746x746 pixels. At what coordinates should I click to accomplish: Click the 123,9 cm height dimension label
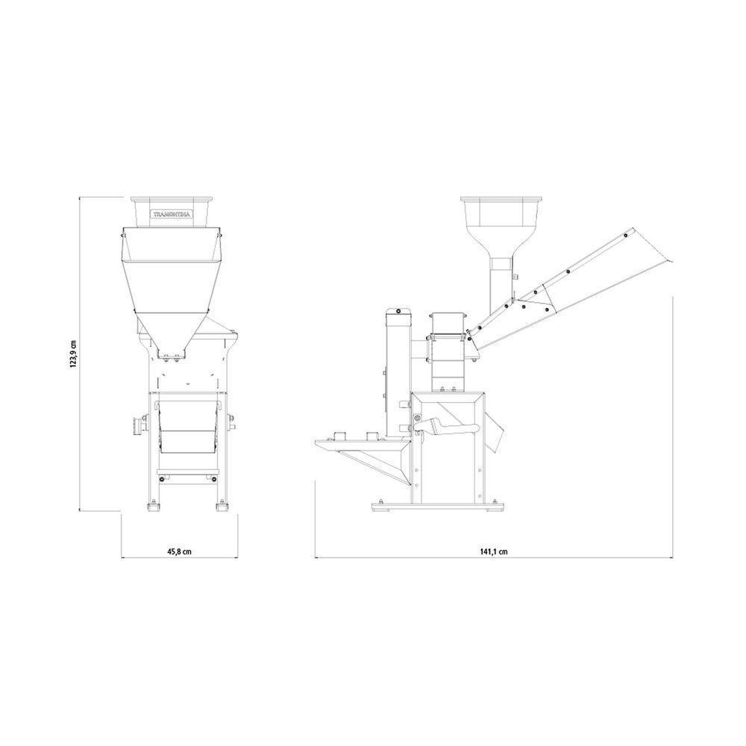(x=73, y=354)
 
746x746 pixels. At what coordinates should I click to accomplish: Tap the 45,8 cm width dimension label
(x=179, y=551)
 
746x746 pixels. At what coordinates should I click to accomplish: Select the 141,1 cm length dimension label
(x=494, y=551)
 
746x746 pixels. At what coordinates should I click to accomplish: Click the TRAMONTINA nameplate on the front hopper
(x=172, y=214)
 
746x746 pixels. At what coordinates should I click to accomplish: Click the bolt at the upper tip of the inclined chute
(x=625, y=234)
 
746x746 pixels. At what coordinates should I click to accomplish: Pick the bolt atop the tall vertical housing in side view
(x=398, y=311)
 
